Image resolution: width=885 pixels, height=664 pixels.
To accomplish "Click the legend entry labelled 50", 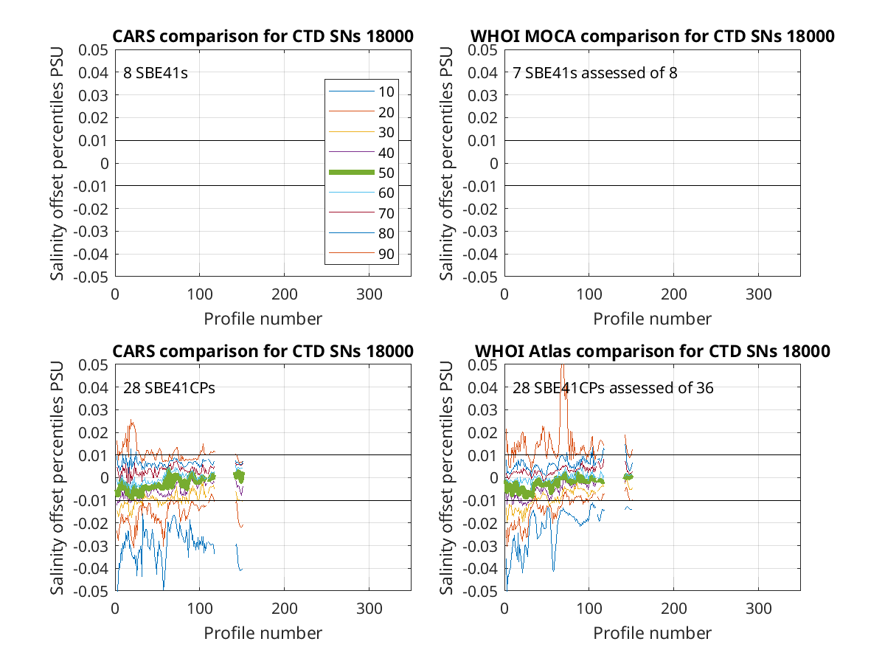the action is (x=361, y=173).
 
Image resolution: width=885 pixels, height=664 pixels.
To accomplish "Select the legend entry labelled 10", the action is (x=361, y=92).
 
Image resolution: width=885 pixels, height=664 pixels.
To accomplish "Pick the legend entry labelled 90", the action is (x=361, y=254).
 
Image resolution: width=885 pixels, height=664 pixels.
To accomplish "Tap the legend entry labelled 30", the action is (x=361, y=132).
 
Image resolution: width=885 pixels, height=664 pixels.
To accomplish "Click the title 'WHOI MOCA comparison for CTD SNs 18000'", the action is (x=652, y=36).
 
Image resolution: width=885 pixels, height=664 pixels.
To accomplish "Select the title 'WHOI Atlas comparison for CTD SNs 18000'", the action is (x=652, y=351).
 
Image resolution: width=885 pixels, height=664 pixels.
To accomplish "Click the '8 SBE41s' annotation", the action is (x=155, y=73).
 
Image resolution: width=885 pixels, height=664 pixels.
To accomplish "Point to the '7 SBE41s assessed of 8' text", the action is (x=594, y=73).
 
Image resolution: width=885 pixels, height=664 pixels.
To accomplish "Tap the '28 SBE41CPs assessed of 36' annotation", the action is (x=613, y=388).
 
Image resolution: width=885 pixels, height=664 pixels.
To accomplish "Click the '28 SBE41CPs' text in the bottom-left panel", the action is (x=169, y=388).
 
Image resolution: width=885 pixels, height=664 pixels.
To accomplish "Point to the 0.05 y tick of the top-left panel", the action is (x=93, y=50).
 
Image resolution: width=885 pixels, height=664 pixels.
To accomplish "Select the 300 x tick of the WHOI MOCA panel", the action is (x=758, y=294).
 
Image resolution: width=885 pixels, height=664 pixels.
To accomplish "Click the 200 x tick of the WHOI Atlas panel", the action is (x=673, y=609).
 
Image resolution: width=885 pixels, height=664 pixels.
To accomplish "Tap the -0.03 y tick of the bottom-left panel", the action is (x=91, y=546).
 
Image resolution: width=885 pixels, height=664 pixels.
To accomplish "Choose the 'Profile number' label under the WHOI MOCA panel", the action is (x=652, y=319).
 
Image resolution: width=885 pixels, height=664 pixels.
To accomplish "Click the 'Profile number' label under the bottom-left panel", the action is (x=263, y=633).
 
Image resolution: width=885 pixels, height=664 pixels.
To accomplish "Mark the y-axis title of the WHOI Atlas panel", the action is (x=446, y=478).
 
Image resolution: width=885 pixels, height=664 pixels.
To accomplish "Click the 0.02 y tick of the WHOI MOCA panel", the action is (x=482, y=118).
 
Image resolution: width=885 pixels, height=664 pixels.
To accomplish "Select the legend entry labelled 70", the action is (x=361, y=213).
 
